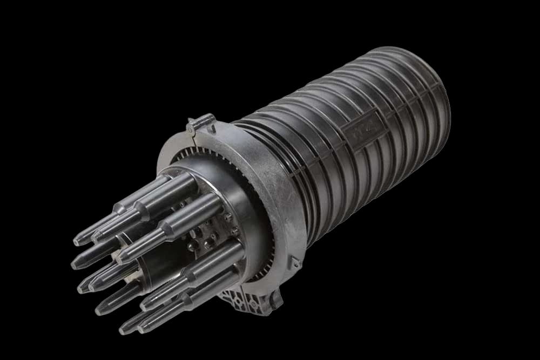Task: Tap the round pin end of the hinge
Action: pos(190,129)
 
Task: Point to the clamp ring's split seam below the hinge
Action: pos(195,141)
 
